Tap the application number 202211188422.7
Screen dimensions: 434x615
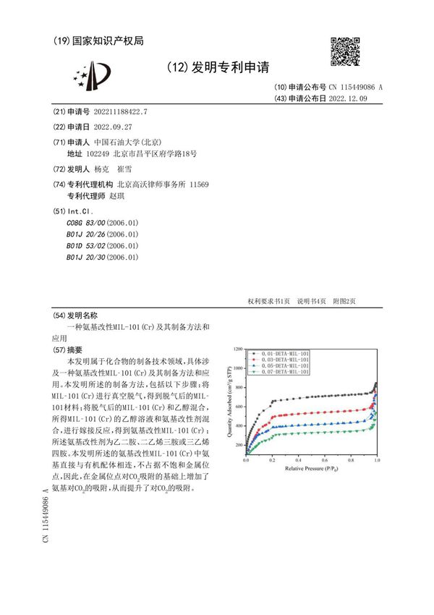coord(116,111)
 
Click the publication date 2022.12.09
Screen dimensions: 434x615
coord(344,98)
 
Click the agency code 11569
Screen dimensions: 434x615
coord(199,184)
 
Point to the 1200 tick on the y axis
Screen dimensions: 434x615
coord(238,348)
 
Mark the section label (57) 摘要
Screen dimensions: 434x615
coord(69,349)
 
